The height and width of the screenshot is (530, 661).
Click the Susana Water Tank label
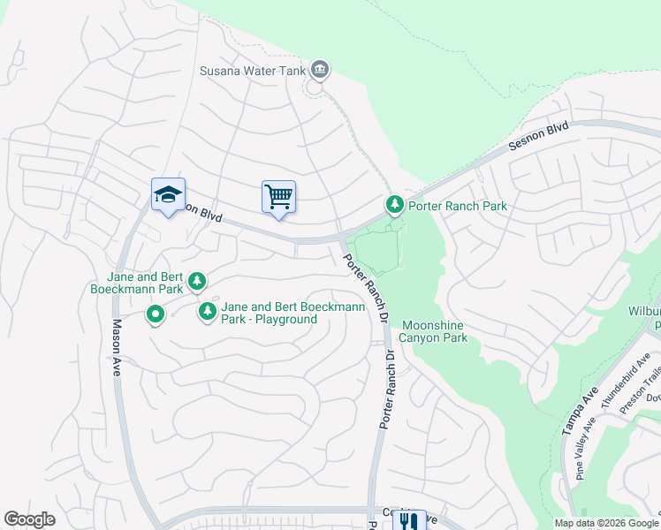tap(252, 70)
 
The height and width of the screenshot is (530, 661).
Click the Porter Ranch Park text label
tap(457, 206)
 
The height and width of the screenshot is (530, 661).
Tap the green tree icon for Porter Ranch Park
tap(394, 206)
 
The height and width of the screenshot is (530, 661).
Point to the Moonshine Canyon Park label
tap(432, 331)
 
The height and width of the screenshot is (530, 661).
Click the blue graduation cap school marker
tap(168, 195)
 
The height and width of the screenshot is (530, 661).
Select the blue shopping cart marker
tap(278, 196)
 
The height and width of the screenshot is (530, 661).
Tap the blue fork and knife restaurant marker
tap(408, 521)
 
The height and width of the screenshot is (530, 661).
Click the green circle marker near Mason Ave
tap(155, 314)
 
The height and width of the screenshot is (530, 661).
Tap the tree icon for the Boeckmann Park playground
tap(208, 311)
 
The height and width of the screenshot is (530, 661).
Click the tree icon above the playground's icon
tap(197, 281)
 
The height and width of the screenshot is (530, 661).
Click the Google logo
tap(29, 519)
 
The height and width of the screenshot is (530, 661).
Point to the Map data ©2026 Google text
tap(605, 523)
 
